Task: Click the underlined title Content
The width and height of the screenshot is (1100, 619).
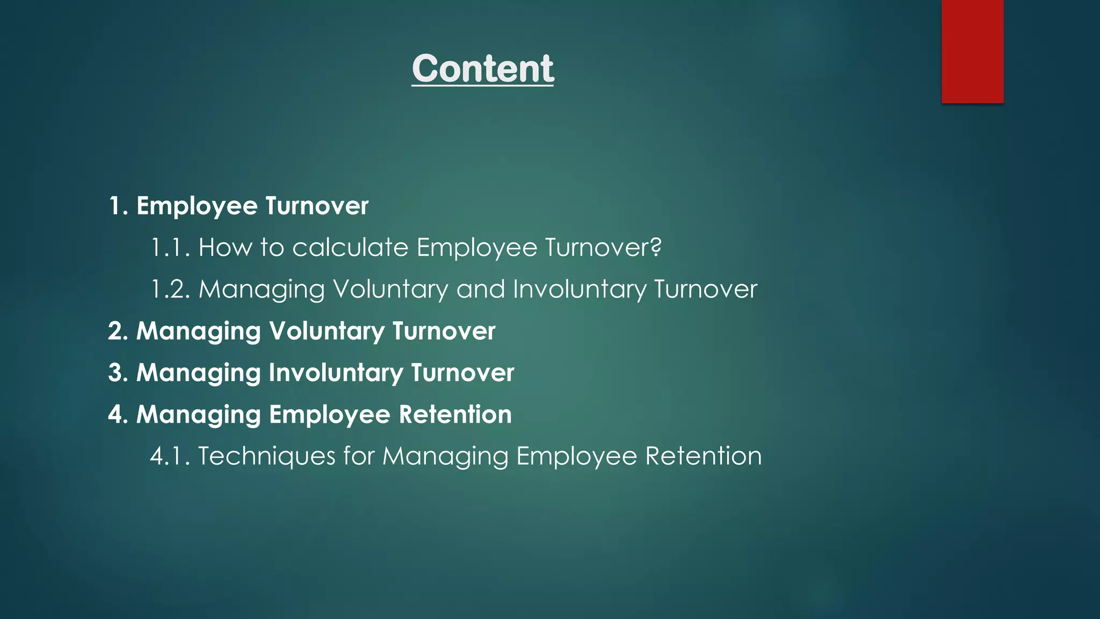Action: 482,69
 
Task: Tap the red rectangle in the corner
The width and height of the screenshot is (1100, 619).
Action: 972,52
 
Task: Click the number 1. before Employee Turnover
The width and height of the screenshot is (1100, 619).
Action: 119,206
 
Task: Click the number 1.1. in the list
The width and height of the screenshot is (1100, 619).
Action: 170,248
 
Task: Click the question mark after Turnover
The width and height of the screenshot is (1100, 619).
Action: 656,248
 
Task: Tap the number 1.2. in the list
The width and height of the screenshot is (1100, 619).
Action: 170,289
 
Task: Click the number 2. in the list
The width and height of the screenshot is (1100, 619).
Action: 118,331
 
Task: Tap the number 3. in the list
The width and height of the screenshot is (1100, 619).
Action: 118,373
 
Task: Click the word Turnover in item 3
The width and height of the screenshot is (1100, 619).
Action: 462,373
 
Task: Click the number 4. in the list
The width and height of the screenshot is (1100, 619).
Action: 118,414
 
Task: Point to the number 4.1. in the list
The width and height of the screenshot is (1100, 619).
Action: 170,456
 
